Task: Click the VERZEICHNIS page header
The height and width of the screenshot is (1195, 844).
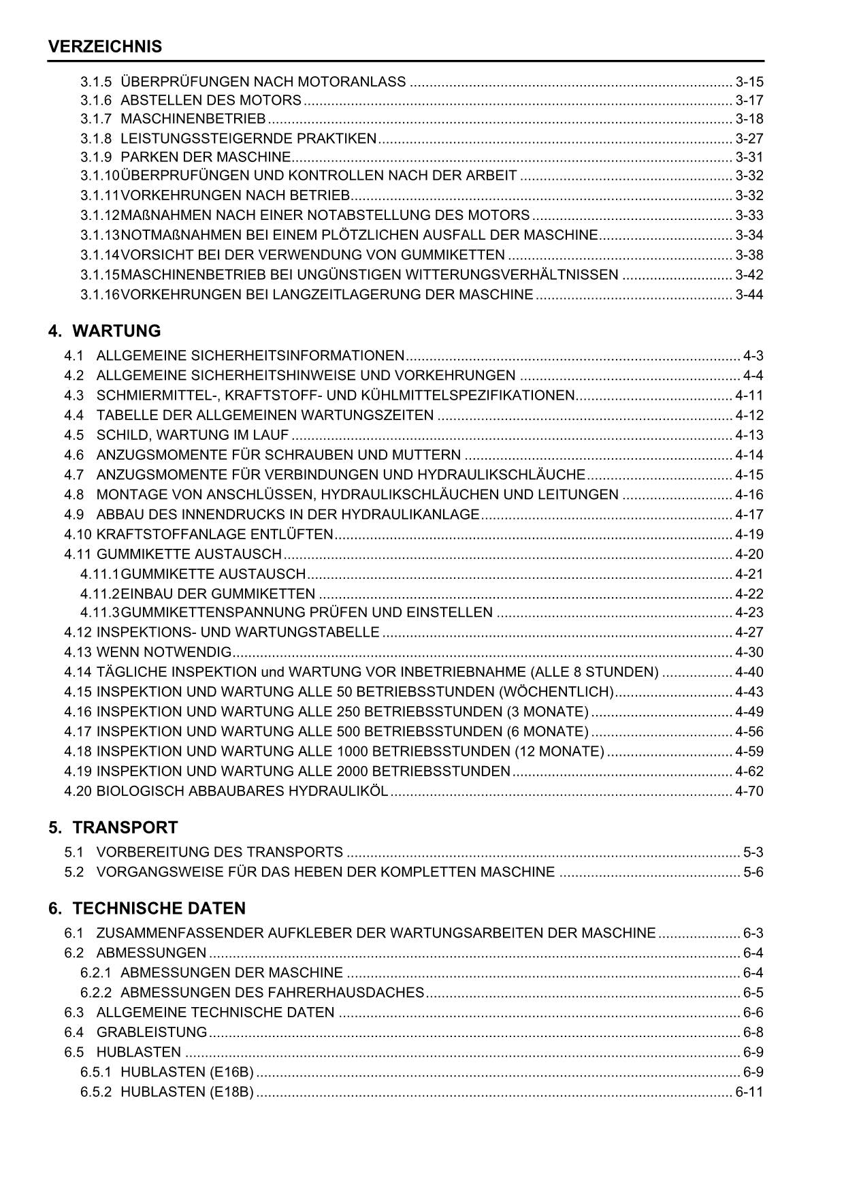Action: coord(105,47)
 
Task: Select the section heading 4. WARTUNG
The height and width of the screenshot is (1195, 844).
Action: coord(105,332)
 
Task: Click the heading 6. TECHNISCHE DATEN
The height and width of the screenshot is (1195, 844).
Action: coord(146,909)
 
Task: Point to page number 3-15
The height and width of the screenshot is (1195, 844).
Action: coord(749,82)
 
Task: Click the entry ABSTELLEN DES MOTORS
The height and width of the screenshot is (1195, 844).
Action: coord(210,101)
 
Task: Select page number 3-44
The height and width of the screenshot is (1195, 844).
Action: coord(749,295)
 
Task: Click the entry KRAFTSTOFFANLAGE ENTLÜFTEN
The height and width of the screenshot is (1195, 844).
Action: coord(215,535)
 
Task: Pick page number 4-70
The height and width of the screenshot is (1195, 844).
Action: coord(749,791)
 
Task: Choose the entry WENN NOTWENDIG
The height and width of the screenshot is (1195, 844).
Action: coord(164,652)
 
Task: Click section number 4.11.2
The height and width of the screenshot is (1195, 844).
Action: coord(100,594)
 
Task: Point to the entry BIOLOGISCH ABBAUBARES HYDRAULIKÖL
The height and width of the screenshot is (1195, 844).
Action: coord(242,791)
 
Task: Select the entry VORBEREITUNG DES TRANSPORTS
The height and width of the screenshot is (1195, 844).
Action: coord(219,853)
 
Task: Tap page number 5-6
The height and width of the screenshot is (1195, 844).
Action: coord(753,872)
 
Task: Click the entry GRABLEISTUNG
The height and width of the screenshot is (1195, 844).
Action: coord(151,1032)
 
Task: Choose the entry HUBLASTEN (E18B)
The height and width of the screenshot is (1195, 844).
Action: coord(186,1092)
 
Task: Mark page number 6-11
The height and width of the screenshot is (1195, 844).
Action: coord(749,1092)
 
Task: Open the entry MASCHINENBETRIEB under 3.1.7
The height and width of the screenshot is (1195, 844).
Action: coord(193,119)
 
